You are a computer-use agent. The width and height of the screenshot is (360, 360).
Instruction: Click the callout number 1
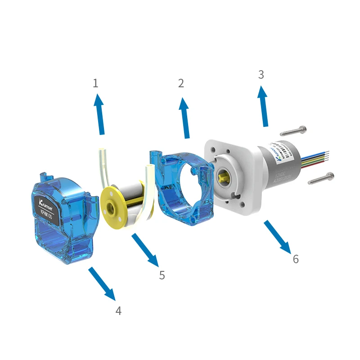(x=95, y=83)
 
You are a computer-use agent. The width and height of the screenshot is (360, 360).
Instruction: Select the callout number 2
(x=181, y=83)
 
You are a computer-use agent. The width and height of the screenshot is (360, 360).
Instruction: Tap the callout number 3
(x=261, y=75)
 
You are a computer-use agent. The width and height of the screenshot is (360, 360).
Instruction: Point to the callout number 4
(x=118, y=311)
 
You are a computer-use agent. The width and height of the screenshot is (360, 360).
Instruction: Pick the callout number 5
(x=162, y=275)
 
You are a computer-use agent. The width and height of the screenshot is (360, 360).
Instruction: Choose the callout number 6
(x=296, y=260)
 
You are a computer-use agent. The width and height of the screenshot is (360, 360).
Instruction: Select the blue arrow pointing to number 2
(x=184, y=117)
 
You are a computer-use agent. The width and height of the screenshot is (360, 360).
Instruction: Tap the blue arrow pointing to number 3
(x=263, y=106)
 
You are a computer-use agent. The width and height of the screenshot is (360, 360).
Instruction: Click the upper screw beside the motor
(x=293, y=131)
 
